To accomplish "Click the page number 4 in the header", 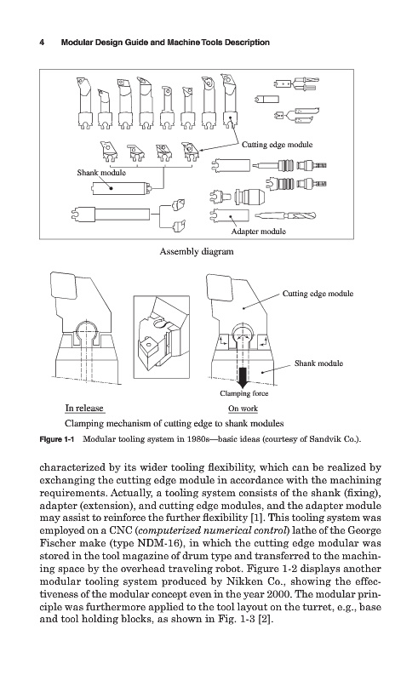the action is (42, 43).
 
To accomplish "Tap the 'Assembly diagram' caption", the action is (197, 251).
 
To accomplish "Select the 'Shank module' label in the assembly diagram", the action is (101, 173).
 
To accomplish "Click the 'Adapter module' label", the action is (259, 232).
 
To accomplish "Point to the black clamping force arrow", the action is (243, 376).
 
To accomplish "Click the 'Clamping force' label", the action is (243, 393).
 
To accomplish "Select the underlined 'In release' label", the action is (84, 409).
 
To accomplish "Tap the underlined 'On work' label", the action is (243, 409).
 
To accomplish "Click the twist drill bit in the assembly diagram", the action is (285, 215).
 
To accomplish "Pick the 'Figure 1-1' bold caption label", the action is (57, 439).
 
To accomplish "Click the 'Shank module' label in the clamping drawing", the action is (318, 363).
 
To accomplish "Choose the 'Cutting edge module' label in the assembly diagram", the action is (278, 145).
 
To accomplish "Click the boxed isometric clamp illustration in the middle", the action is (162, 337).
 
